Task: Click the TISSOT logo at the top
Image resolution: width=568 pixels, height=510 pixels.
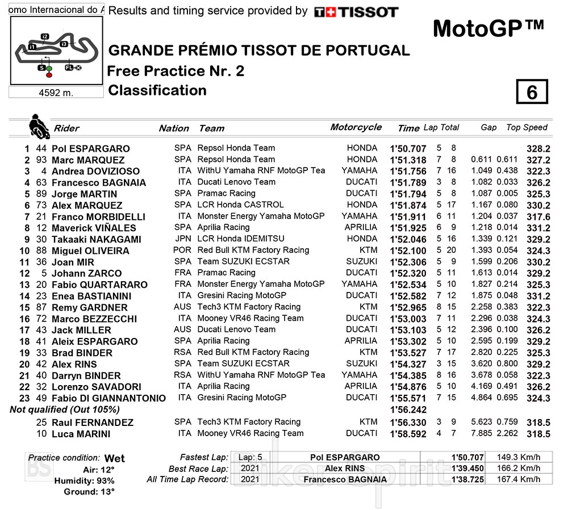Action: tap(356, 12)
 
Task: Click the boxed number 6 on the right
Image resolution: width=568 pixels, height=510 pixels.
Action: tap(532, 93)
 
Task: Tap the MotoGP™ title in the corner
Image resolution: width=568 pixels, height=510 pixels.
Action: tap(488, 28)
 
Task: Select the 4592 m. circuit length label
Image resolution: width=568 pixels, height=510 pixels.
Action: tap(56, 93)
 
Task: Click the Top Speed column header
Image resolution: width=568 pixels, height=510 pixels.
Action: tap(527, 128)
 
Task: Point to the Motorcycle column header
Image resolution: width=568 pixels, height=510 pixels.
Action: tap(356, 127)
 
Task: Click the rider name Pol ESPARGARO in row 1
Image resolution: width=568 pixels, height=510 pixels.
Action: tap(91, 149)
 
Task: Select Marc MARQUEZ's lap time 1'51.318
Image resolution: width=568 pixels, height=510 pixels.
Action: tap(408, 160)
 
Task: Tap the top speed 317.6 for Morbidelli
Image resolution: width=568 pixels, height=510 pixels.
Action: tap(538, 217)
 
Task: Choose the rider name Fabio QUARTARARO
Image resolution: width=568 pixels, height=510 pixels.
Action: tap(99, 285)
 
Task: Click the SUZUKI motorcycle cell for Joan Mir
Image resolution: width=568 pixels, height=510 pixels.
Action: tap(361, 261)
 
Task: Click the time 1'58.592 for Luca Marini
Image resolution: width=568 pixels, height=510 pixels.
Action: tap(408, 434)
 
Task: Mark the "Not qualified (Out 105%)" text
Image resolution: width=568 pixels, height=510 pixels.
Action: tap(65, 409)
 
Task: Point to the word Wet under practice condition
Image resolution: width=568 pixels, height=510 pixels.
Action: tap(115, 458)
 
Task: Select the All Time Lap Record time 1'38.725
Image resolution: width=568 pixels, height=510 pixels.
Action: tap(467, 480)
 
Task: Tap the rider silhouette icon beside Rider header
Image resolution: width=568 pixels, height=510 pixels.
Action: tap(39, 126)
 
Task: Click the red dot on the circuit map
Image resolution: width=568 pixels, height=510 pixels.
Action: tap(49, 74)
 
